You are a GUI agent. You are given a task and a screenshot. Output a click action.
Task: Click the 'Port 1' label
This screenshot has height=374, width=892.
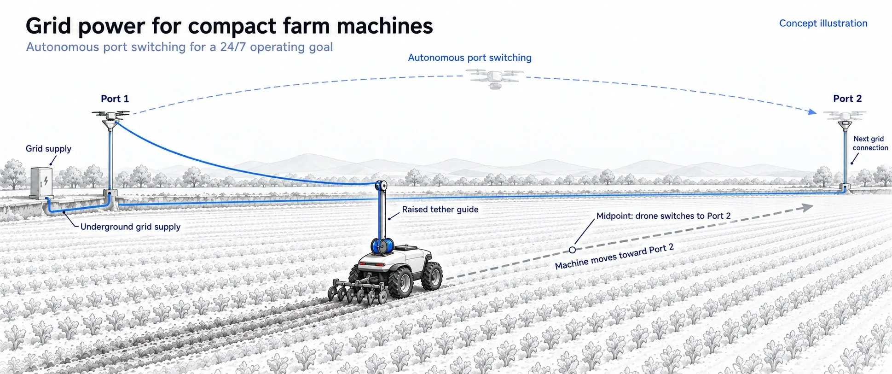point(115,99)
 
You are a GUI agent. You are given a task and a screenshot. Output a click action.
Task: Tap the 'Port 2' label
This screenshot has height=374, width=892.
point(847,99)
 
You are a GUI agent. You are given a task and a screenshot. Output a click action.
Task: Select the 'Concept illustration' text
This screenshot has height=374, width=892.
point(823,23)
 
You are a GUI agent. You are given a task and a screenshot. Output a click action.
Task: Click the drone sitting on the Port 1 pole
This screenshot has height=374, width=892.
point(110,114)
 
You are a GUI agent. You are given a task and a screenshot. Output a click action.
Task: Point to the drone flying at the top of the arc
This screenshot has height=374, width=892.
point(495,78)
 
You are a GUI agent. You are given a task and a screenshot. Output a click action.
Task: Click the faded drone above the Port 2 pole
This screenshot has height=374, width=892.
point(845,115)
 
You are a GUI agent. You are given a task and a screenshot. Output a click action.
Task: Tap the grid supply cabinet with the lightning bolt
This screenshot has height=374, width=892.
point(42,183)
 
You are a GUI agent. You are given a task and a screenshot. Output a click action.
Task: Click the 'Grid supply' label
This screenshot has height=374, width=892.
point(48,149)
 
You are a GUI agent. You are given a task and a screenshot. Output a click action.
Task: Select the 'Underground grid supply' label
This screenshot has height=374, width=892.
point(130,227)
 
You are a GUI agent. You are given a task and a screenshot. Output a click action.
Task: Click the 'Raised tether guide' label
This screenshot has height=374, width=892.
point(440,210)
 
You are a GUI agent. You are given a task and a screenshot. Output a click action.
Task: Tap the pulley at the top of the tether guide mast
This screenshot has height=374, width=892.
point(381,186)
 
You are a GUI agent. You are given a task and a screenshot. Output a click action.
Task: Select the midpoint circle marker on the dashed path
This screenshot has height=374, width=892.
point(572,250)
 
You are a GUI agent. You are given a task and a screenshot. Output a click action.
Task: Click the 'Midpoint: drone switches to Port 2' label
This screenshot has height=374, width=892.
point(663,216)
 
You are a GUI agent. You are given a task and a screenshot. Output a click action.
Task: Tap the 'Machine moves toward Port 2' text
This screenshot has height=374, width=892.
point(614,257)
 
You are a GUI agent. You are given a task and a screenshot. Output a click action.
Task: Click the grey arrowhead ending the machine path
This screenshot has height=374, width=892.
point(807,208)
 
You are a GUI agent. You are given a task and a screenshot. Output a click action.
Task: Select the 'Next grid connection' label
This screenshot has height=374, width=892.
point(870,143)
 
